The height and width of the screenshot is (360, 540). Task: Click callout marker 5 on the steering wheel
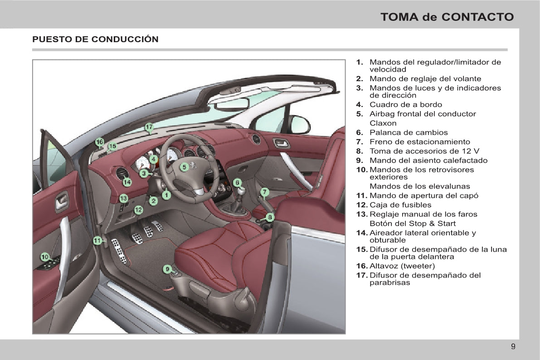pyautogui.click(x=184, y=167)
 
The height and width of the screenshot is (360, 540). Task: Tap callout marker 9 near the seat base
pyautogui.click(x=167, y=269)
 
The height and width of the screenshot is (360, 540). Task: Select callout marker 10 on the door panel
pyautogui.click(x=45, y=257)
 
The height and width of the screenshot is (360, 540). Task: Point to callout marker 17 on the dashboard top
pyautogui.click(x=149, y=127)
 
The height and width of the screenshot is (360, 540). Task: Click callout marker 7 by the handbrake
pyautogui.click(x=265, y=192)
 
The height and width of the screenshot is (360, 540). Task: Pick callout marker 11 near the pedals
pyautogui.click(x=97, y=241)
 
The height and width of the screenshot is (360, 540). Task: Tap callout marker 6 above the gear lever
pyautogui.click(x=237, y=183)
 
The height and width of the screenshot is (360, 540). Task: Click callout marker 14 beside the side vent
pyautogui.click(x=127, y=182)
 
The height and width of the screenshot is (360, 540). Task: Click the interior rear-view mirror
pyautogui.click(x=232, y=104)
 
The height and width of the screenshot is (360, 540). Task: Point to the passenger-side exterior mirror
pyautogui.click(x=300, y=124)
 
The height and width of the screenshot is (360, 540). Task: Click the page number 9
pyautogui.click(x=513, y=347)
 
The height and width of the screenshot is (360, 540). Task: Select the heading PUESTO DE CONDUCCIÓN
pyautogui.click(x=95, y=39)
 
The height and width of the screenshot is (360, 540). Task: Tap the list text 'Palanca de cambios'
pyautogui.click(x=409, y=132)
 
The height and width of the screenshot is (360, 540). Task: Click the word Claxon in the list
pyautogui.click(x=383, y=123)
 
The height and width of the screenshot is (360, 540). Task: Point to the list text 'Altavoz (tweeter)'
pyautogui.click(x=402, y=266)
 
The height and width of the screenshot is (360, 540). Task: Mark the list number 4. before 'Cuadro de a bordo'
pyautogui.click(x=359, y=105)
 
